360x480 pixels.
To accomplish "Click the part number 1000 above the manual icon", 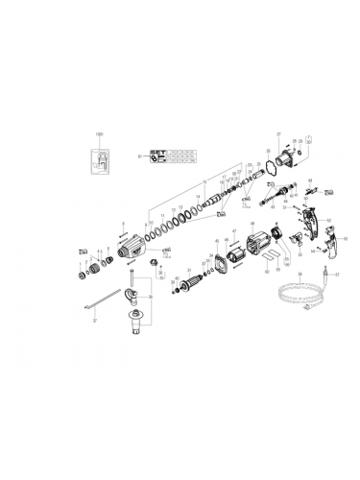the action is click(97, 132).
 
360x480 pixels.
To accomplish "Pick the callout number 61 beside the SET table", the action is click(140, 155).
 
